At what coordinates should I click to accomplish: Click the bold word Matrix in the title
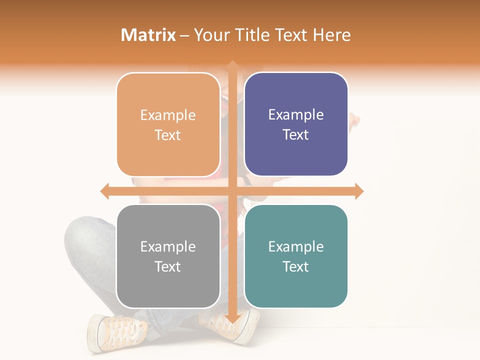tap(148, 35)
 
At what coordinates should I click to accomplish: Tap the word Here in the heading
tap(331, 35)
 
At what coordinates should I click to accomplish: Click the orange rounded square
tap(168, 124)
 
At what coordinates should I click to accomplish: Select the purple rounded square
tap(296, 124)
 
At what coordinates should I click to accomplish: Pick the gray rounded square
tap(168, 256)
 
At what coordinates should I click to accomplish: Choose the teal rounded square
tap(296, 256)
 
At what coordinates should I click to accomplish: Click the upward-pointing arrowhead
tap(232, 65)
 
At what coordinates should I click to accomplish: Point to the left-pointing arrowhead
tap(104, 191)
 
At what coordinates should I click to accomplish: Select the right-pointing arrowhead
tap(359, 191)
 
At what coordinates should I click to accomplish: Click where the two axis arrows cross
tap(232, 191)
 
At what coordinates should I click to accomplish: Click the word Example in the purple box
tap(296, 114)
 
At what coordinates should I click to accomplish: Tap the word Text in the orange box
tap(168, 135)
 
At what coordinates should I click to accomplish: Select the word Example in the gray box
tap(168, 246)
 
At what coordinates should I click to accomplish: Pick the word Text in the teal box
tap(296, 266)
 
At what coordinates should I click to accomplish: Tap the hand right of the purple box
tap(354, 120)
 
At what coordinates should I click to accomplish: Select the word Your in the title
tap(210, 35)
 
